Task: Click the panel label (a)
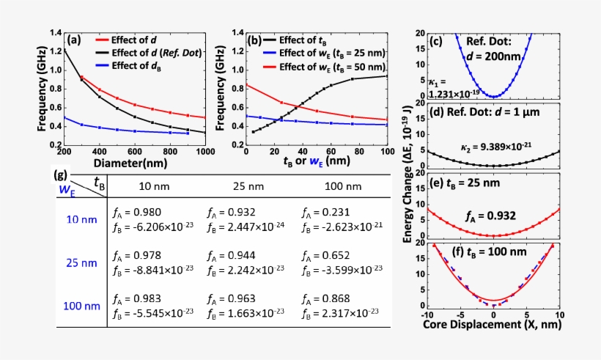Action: click(x=74, y=41)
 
